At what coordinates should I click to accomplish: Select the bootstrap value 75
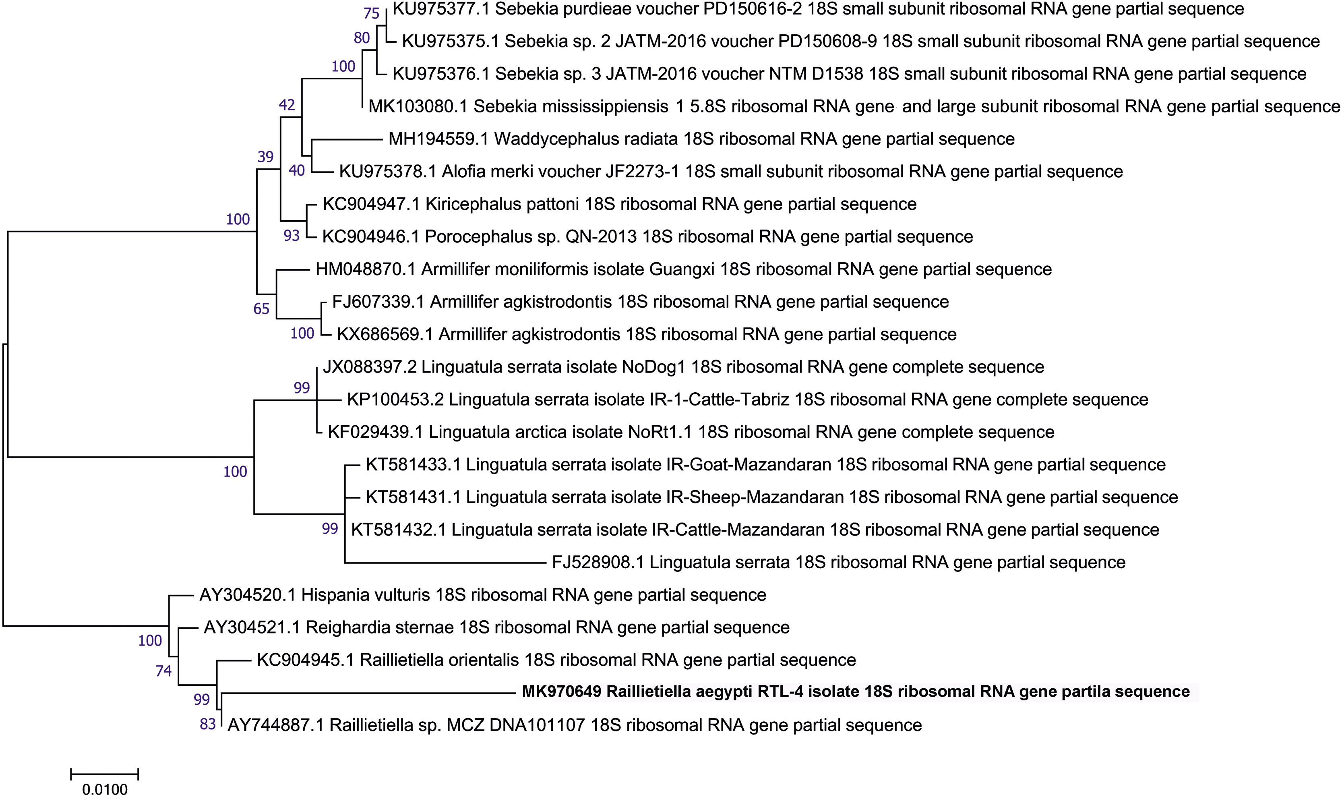pyautogui.click(x=371, y=13)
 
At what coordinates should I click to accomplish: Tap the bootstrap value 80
pyautogui.click(x=362, y=38)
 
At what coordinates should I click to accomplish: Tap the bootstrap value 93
pyautogui.click(x=292, y=235)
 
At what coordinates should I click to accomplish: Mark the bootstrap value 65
pyautogui.click(x=261, y=308)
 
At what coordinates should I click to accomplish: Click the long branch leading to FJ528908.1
pyautogui.click(x=445, y=563)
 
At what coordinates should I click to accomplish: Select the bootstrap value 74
pyautogui.click(x=163, y=670)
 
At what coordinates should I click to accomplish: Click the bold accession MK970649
pyautogui.click(x=561, y=691)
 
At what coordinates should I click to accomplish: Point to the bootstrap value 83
pyautogui.click(x=207, y=724)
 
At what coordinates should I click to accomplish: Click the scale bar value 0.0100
pyautogui.click(x=105, y=789)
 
